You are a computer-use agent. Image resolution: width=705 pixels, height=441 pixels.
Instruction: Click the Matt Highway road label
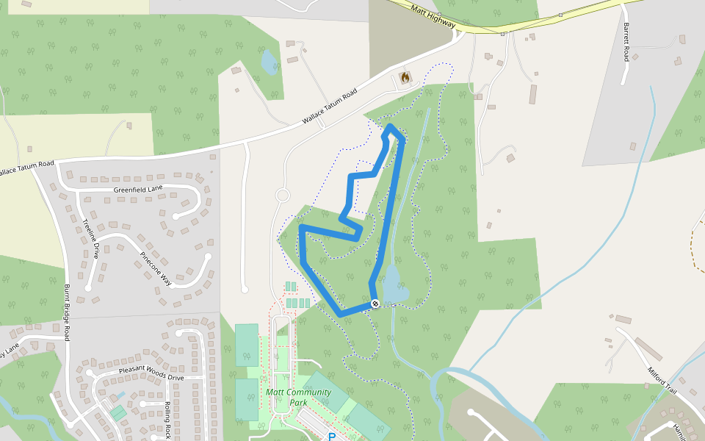(433, 17)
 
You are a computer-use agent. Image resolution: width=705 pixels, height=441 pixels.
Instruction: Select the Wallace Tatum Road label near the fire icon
(329, 107)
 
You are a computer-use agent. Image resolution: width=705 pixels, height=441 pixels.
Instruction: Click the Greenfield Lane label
(138, 190)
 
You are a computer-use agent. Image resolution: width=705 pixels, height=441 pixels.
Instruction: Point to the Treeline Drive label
(90, 239)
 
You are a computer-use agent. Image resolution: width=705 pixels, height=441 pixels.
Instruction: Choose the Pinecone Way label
(155, 270)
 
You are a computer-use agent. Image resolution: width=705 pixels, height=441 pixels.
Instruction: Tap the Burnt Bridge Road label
(68, 312)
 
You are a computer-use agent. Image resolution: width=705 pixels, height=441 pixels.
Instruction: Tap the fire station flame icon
(405, 76)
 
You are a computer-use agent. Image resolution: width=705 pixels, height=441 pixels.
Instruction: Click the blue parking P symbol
(331, 437)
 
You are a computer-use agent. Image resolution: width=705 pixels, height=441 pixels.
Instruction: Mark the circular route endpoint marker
(375, 304)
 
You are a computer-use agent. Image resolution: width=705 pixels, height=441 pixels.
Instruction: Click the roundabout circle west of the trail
(282, 196)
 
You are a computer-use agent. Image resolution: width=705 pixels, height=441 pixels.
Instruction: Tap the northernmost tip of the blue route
(391, 127)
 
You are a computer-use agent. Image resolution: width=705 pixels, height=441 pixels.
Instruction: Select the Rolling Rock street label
(168, 420)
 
